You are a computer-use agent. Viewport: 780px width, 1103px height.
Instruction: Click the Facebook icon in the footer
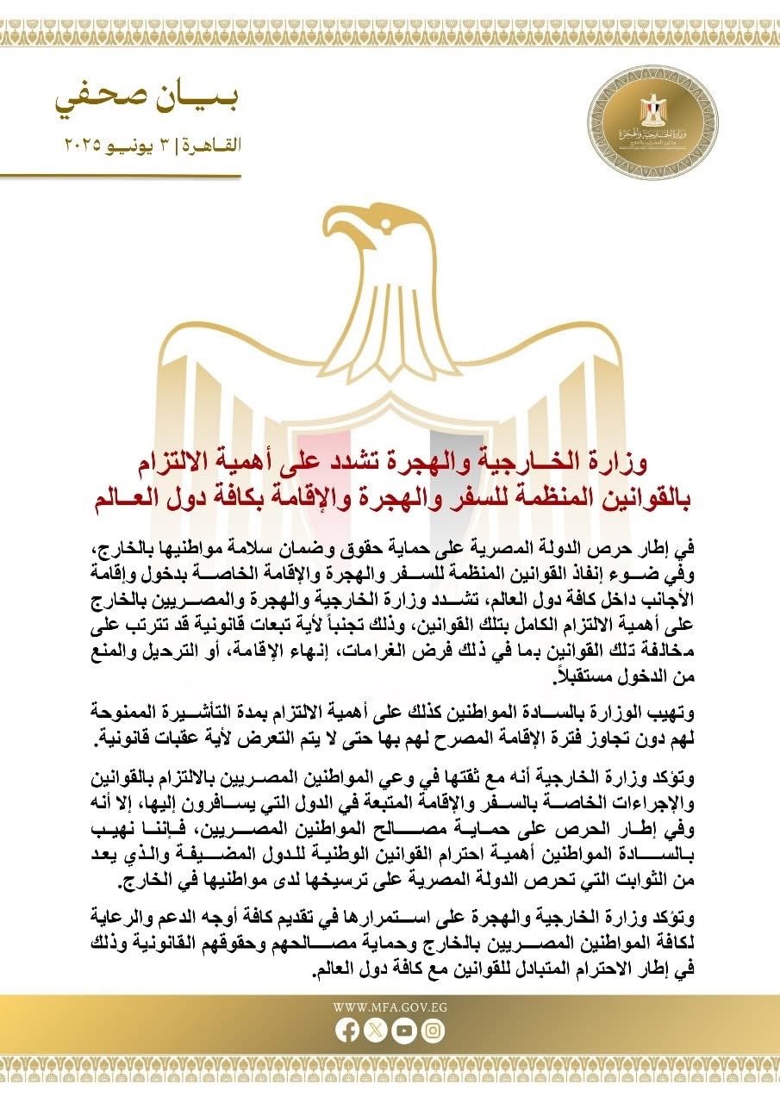click(349, 1030)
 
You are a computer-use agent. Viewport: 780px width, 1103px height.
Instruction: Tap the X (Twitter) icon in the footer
click(377, 1030)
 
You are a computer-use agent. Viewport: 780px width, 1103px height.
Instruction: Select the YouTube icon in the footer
click(404, 1030)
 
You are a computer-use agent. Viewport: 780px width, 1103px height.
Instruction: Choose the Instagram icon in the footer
click(433, 1030)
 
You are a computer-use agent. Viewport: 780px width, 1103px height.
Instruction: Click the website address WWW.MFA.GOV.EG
click(390, 1006)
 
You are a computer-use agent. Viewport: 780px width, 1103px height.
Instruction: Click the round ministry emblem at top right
click(652, 123)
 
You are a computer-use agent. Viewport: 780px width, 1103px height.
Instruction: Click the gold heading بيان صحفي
click(147, 101)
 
